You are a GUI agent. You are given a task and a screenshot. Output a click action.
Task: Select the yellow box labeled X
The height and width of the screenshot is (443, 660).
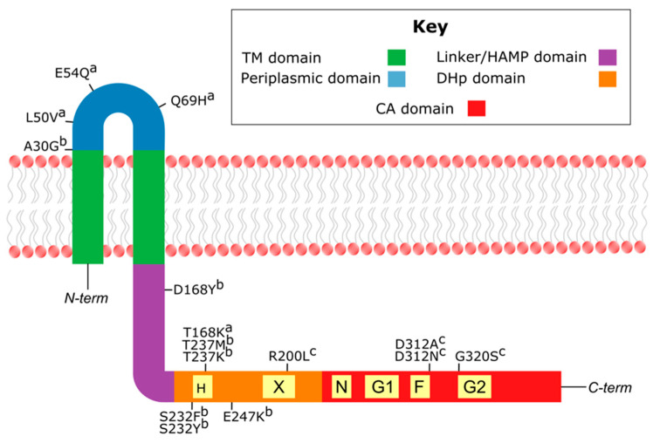pos(279,386)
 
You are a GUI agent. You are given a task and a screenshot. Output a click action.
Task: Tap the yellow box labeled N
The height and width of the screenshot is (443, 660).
pos(340,386)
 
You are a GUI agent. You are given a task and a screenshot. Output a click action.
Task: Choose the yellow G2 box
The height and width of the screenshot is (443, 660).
pos(476,386)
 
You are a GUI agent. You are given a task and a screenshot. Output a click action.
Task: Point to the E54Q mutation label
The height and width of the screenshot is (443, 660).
pos(75,73)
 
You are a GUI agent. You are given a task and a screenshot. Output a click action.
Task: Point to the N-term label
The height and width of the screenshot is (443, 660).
pos(86,299)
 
